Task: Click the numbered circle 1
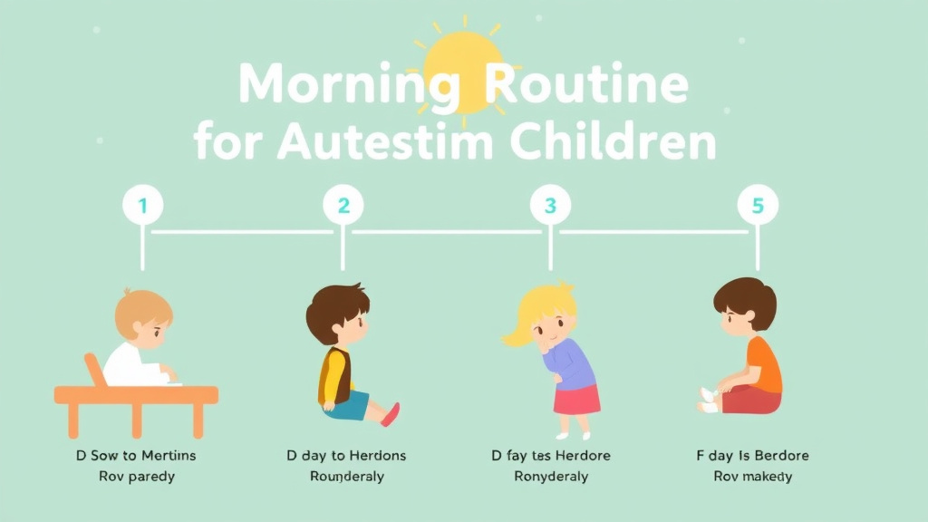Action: coord(142,206)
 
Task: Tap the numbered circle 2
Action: coord(343,206)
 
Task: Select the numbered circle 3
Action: coord(549,206)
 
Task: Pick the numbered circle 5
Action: coord(758,206)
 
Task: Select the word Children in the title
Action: coord(614,142)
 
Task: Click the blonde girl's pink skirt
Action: coord(577,399)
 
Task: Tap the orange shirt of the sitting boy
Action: coord(764,365)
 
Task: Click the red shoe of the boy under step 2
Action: coord(391,414)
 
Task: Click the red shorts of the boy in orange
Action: coord(751,400)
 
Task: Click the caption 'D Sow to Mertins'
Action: coord(135,455)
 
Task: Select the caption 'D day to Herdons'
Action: coord(346,455)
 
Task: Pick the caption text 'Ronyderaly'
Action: coord(551,477)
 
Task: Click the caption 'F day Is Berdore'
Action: coord(752,455)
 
